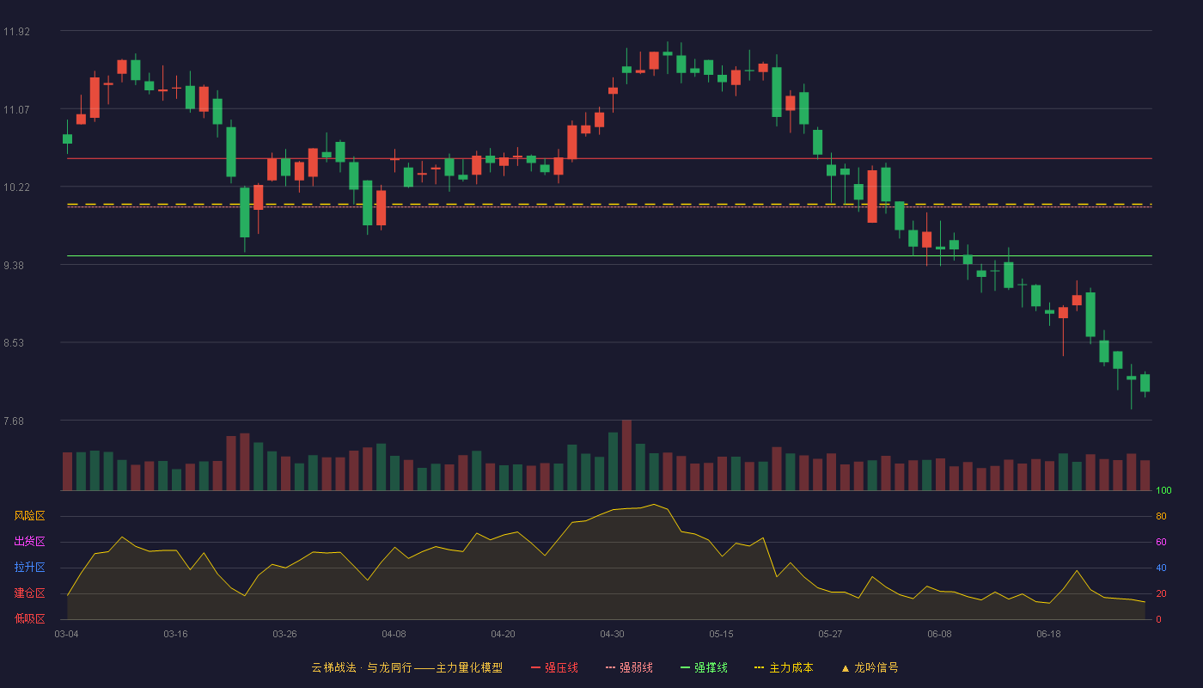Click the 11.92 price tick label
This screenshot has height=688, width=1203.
point(16,32)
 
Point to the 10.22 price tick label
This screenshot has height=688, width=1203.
point(16,187)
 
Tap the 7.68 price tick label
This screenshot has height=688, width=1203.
point(14,421)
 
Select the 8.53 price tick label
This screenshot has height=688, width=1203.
point(14,343)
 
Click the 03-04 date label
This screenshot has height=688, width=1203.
point(67,635)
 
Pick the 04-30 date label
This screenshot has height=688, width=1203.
point(612,635)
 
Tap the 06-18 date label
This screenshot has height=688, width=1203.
point(1049,635)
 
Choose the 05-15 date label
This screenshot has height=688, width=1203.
point(721,635)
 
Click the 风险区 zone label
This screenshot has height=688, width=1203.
point(29,516)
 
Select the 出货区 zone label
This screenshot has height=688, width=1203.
point(29,541)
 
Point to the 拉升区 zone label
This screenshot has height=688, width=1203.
point(29,567)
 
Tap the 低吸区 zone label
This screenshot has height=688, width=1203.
point(29,618)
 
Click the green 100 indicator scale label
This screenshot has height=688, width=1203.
point(1163,490)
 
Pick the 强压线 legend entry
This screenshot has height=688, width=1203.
point(554,667)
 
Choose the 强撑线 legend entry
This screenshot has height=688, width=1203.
point(704,667)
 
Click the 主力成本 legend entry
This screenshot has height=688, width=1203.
point(784,667)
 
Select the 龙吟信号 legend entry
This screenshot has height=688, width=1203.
point(870,667)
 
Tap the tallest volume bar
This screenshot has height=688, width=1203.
point(626,455)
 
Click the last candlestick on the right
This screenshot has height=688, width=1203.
point(1145,384)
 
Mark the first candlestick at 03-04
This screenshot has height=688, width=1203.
point(67,138)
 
